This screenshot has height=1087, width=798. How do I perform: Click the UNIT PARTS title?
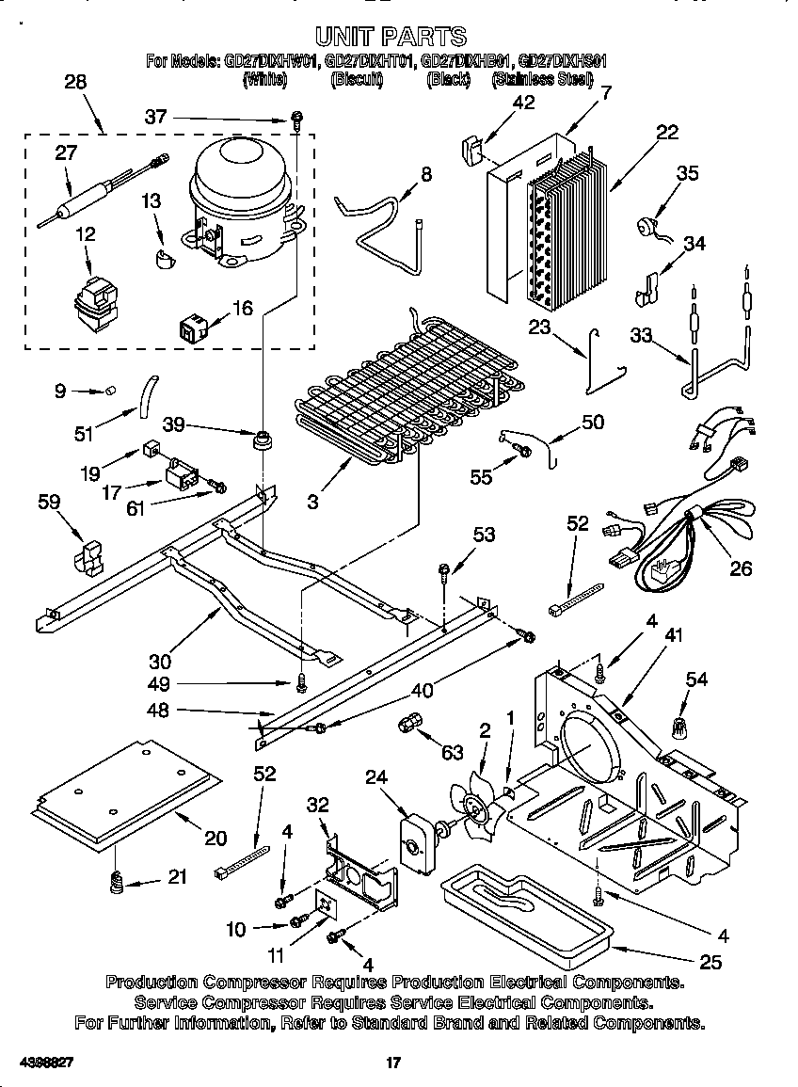390,37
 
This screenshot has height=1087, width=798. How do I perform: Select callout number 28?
74,82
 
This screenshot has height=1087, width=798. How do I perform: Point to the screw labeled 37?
296,119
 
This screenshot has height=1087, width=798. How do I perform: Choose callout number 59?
49,503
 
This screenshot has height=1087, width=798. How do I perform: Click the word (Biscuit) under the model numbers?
357,79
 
